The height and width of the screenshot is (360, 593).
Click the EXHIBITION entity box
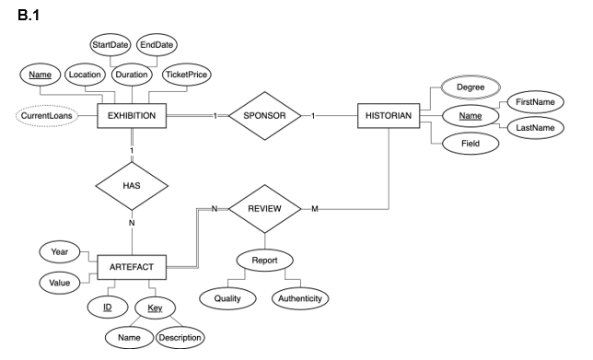pos(133,116)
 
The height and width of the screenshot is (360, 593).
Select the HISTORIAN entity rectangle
pos(388,116)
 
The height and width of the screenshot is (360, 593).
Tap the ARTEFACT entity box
pos(133,267)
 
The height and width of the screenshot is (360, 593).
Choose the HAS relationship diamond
pos(133,187)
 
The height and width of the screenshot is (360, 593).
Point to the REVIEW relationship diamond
pos(264,209)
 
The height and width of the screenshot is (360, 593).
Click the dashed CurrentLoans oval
pos(46,116)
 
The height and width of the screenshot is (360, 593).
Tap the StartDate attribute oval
pos(110,45)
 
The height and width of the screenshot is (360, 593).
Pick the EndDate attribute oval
pos(157,45)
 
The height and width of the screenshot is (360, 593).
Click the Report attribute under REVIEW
pos(264,260)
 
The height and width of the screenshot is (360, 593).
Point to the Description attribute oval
pos(180,337)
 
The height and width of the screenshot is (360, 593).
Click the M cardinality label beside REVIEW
pos(314,209)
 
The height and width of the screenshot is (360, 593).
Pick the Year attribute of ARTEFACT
pos(60,250)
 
